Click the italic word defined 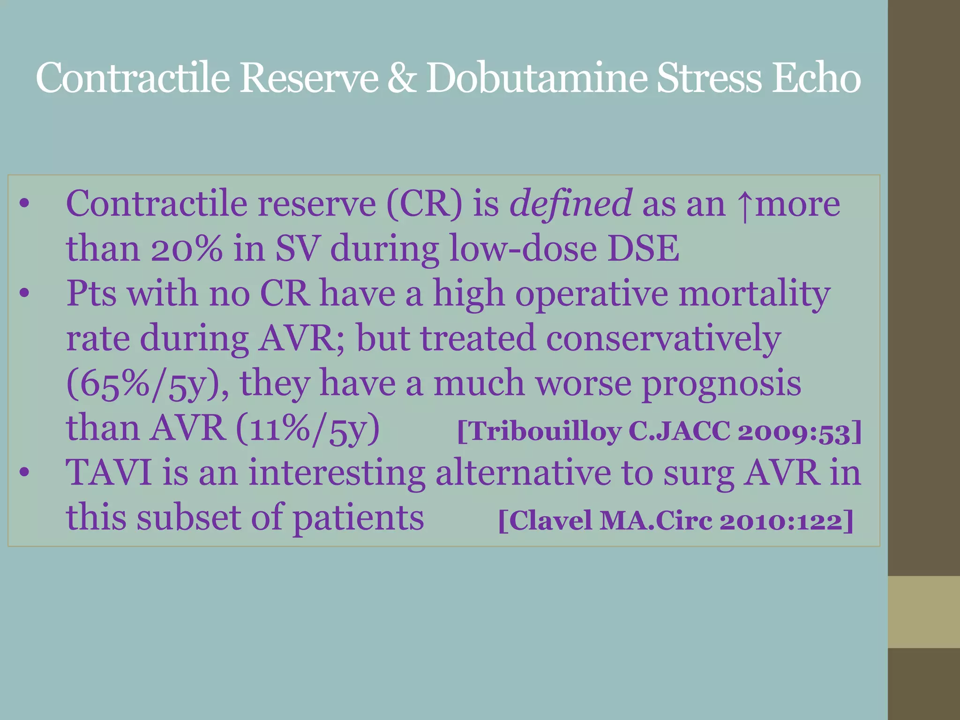570,204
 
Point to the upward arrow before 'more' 743,206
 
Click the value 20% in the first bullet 186,248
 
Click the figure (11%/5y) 307,428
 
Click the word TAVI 108,472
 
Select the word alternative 523,472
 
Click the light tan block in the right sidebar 923,612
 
